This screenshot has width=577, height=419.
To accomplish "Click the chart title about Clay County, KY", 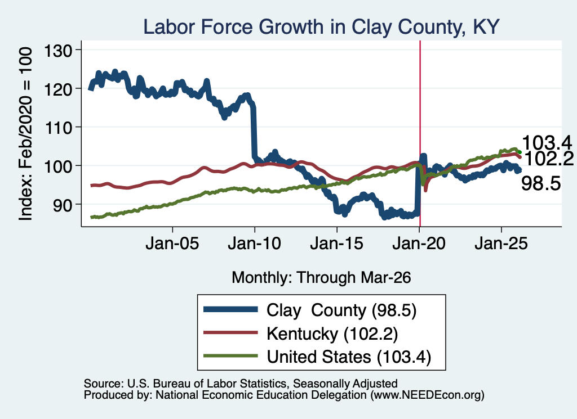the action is pos(321,27).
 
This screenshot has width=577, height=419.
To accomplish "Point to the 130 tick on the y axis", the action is pos(58,51).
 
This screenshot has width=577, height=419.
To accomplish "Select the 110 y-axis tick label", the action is pos(58,128).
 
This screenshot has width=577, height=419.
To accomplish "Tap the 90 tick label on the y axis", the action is pos(63,205).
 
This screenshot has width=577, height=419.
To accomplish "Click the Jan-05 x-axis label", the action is pos(172,244).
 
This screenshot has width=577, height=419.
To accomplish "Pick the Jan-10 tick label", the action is pos(254,244).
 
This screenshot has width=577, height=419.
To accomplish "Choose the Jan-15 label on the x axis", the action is pos(337,244).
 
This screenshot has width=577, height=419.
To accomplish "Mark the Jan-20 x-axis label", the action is pos(419,244).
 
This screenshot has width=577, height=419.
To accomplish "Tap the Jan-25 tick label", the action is pos(501,244).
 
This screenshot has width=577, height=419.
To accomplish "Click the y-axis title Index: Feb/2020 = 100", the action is pos(25,134).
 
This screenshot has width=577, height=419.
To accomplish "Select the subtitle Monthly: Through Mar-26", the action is pos(321,278).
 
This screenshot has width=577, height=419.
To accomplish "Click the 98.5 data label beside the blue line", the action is pos(541,183).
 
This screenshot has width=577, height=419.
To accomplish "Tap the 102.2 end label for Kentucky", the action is pos(549,159).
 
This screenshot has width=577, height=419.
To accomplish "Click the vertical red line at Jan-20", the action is pos(420,134).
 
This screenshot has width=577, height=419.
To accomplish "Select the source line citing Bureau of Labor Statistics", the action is pos(241,384).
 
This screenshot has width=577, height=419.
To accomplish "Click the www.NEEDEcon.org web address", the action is pos(427,395).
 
